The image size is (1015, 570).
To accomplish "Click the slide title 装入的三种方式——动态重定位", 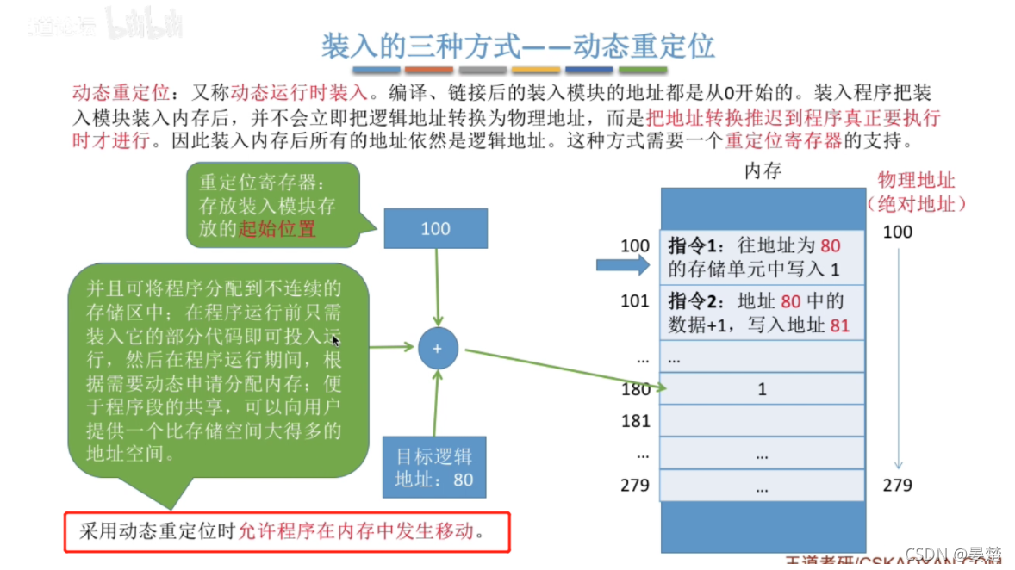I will (x=518, y=45).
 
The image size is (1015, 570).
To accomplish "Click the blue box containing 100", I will (x=435, y=229).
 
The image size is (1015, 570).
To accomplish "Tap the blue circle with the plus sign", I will (x=437, y=349).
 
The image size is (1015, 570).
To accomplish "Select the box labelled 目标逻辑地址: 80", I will (x=434, y=468).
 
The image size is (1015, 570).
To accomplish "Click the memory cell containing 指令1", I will (x=762, y=257).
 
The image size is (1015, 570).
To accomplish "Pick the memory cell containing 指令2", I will (x=762, y=313).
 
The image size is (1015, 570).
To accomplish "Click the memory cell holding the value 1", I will (x=762, y=389).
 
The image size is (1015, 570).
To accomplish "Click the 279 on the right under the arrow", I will (x=897, y=485).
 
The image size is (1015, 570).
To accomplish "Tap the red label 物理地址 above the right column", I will (x=916, y=181).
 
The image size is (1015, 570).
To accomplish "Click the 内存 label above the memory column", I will (x=762, y=171).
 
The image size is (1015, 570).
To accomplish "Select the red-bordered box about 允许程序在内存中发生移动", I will (x=287, y=531).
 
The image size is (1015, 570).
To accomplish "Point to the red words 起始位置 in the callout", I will (x=277, y=229).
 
